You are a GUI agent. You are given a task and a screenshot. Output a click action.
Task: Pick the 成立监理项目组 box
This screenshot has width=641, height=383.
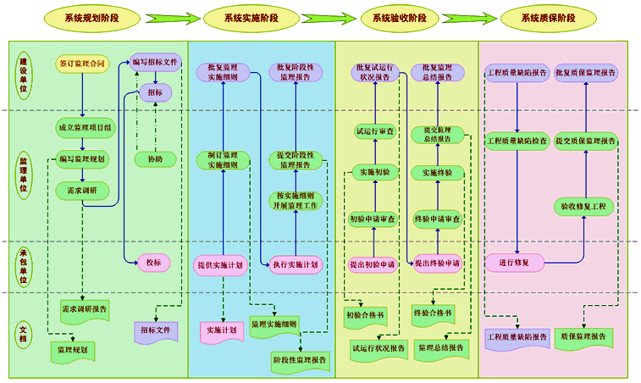[x=83, y=129]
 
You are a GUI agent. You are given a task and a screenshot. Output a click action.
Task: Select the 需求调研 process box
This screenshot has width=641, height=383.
[x=83, y=191]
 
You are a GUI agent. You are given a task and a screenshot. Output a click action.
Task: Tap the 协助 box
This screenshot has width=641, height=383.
[x=155, y=158]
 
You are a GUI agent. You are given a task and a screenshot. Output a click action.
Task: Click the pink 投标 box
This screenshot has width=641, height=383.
[x=153, y=263]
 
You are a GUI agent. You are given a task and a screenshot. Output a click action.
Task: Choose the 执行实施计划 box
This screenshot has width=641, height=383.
[x=296, y=265]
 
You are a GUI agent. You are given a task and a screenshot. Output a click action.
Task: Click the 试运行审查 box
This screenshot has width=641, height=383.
[x=373, y=131]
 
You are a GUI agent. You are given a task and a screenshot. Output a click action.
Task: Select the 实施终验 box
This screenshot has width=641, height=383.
[x=437, y=173]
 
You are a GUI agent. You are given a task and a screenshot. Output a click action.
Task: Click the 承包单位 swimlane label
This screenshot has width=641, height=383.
[x=24, y=266]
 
